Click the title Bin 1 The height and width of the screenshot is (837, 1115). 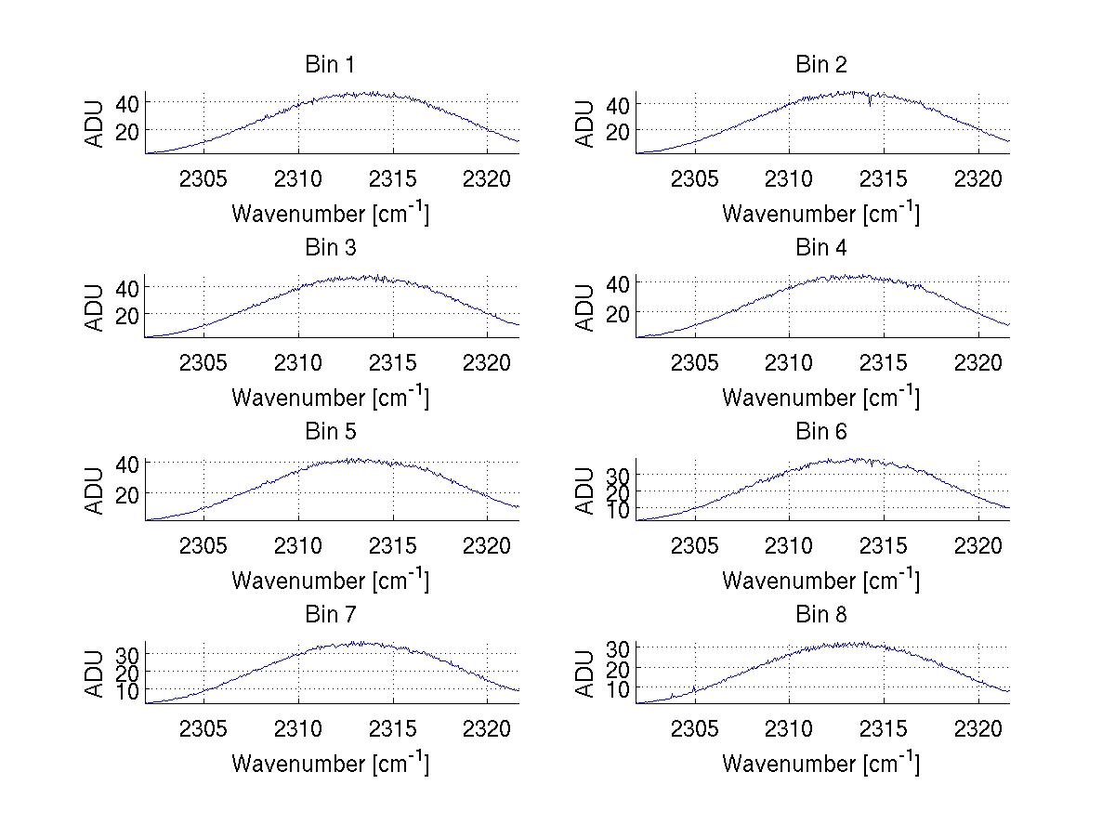330,65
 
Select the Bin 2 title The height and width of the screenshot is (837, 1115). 820,65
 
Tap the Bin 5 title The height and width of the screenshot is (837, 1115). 330,432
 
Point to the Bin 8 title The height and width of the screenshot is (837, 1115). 820,615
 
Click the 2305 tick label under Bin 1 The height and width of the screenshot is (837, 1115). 203,178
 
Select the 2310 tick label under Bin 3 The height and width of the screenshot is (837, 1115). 298,361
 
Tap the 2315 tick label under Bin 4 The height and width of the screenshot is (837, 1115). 884,361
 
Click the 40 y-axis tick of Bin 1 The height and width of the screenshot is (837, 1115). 126,102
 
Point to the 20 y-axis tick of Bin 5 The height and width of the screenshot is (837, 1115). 126,493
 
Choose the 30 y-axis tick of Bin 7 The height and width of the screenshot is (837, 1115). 126,655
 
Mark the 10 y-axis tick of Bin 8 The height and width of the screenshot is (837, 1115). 617,689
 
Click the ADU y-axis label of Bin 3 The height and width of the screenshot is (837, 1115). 95,307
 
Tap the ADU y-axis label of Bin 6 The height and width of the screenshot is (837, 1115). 585,490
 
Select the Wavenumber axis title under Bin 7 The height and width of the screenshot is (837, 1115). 330,763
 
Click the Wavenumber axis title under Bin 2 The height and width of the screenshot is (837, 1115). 820,213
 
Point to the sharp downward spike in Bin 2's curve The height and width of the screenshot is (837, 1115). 870,103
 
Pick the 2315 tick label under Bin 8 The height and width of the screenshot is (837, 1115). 884,728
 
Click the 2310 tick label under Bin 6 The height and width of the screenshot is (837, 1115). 789,545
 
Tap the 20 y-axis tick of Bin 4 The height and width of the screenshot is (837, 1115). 617,314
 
